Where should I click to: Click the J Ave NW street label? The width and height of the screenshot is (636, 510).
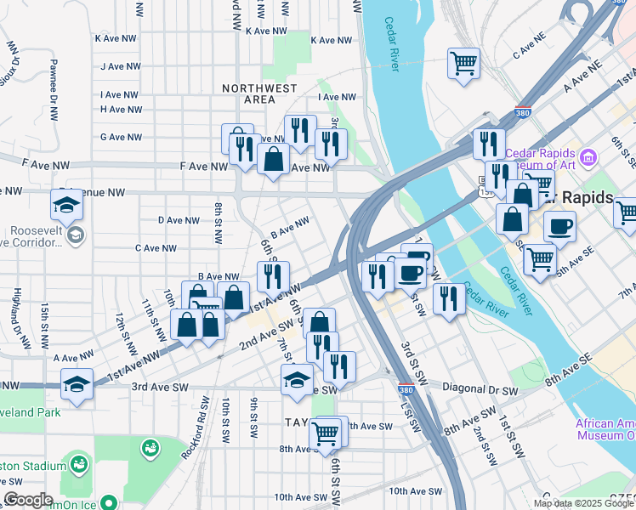coord(119,66)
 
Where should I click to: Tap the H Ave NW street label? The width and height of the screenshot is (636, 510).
coord(121,110)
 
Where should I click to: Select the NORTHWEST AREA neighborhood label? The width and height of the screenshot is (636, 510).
coord(259,93)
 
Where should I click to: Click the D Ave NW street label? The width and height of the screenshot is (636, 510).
coord(179,220)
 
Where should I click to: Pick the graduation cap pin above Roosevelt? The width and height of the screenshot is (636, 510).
coord(67,204)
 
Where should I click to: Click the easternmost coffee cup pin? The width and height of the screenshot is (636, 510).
coord(559,226)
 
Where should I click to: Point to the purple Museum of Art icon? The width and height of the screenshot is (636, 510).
coord(587,156)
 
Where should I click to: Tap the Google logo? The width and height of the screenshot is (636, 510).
coord(29,500)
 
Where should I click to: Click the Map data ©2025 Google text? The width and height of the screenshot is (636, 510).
coord(584,503)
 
